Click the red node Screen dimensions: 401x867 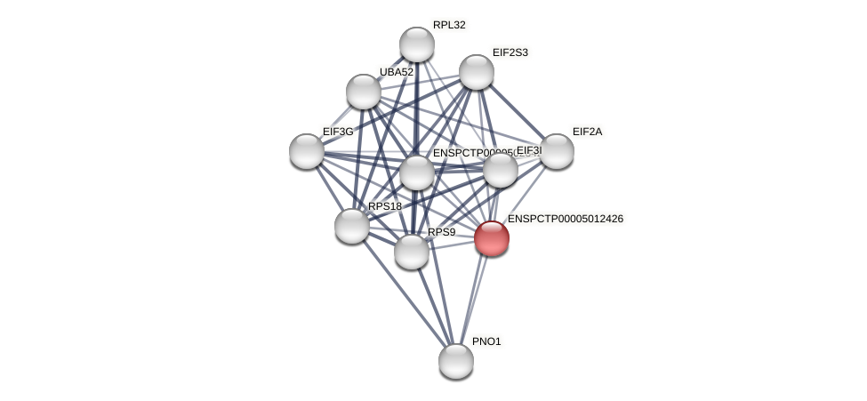(491, 238)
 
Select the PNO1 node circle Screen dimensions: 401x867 (456, 360)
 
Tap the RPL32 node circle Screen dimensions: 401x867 (416, 44)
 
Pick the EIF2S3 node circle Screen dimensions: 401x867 (476, 72)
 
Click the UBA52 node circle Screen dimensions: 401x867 (363, 91)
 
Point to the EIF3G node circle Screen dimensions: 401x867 (307, 151)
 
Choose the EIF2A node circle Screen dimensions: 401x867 (557, 151)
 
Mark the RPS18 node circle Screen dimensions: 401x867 (352, 225)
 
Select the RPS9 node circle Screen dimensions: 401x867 (411, 252)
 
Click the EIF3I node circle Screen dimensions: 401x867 (500, 170)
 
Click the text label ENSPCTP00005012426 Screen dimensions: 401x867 (566, 219)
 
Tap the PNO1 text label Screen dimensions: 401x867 (486, 341)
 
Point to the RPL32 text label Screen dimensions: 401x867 (449, 25)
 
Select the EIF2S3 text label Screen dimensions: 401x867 (510, 52)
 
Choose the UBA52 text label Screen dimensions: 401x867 (396, 72)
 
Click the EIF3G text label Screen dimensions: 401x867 (338, 132)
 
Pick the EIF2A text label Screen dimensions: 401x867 (587, 132)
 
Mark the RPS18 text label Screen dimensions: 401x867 (385, 206)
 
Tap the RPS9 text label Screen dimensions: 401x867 (441, 232)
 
